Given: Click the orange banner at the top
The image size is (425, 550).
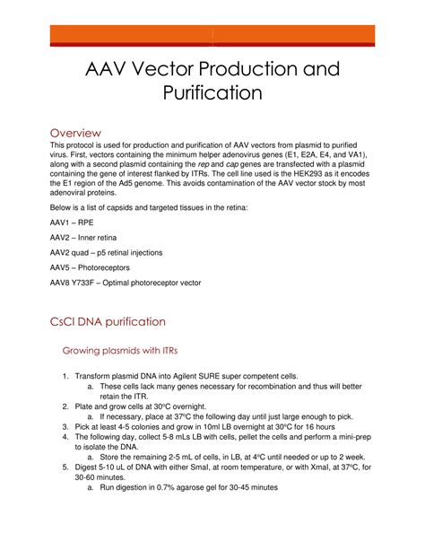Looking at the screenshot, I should [212, 36].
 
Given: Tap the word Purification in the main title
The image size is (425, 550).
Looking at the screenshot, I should [212, 92].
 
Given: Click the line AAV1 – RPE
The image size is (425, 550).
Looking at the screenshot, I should [72, 221].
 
